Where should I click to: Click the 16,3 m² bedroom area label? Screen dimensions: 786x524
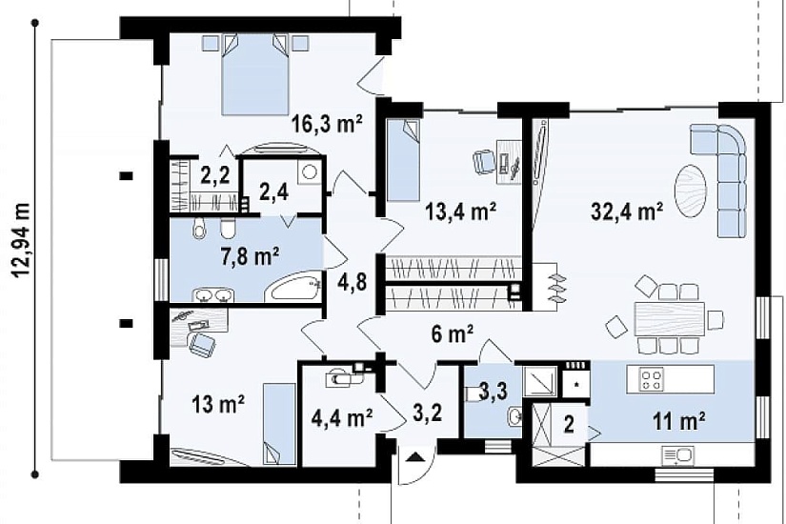(328, 123)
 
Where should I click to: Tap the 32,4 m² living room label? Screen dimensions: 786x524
(627, 212)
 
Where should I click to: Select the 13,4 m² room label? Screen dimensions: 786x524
(461, 212)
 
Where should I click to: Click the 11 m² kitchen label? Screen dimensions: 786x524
(679, 421)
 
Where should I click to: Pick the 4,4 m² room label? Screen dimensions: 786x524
(342, 417)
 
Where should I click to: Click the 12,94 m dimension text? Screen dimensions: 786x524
(22, 240)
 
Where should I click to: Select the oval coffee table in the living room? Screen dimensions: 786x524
(691, 191)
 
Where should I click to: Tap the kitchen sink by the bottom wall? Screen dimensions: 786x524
(677, 456)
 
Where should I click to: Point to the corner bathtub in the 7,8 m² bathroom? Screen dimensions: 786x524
(292, 289)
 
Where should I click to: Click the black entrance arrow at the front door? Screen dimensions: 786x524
(414, 457)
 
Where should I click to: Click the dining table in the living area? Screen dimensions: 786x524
(670, 319)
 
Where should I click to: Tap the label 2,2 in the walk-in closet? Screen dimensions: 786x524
(215, 175)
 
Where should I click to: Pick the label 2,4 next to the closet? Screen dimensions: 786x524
(273, 191)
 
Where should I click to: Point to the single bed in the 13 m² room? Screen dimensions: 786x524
(279, 424)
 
